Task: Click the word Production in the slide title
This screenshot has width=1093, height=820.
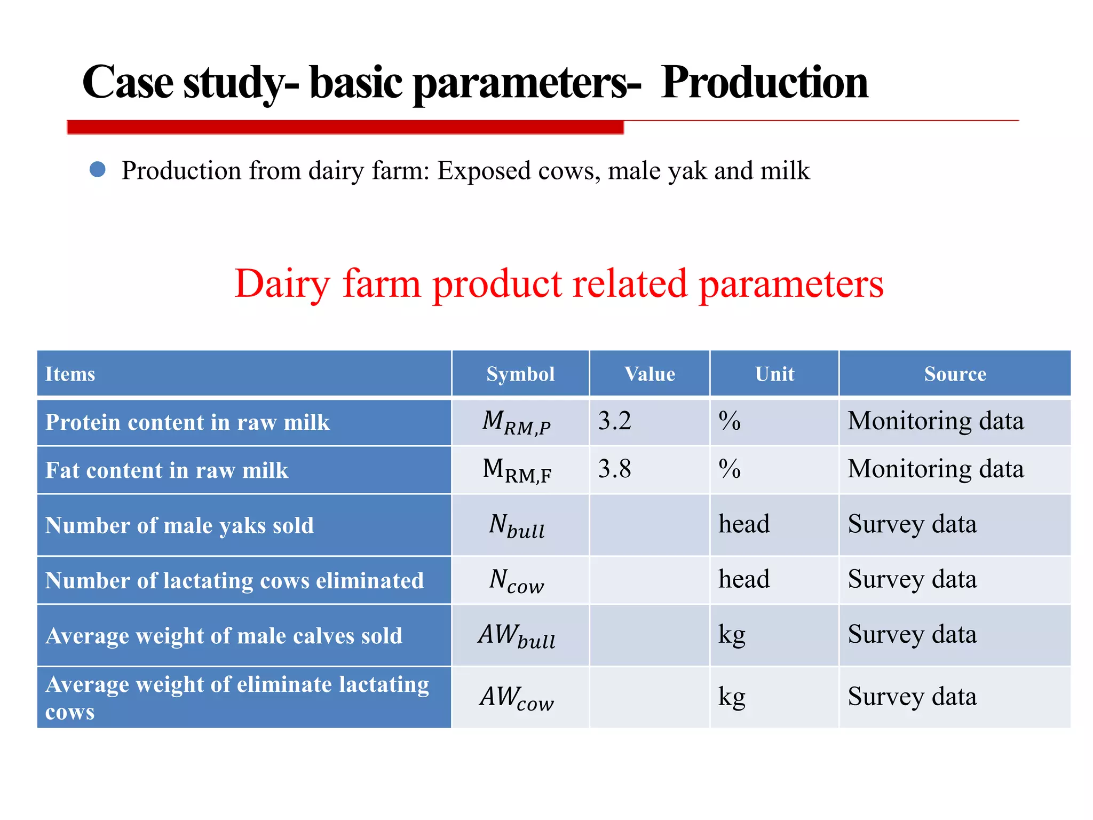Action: [x=764, y=83]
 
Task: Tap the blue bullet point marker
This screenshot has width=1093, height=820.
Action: [x=98, y=170]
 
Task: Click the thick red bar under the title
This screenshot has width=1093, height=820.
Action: [x=345, y=127]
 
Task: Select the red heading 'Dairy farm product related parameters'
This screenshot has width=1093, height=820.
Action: [x=559, y=283]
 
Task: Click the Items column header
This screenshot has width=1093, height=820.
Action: [x=70, y=374]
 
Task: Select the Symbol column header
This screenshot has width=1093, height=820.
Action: [x=520, y=374]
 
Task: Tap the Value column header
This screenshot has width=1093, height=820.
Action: [x=650, y=374]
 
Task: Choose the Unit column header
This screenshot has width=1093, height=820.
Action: [x=774, y=374]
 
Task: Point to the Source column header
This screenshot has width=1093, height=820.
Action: [x=955, y=374]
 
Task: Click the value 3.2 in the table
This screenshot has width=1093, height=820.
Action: [x=614, y=421]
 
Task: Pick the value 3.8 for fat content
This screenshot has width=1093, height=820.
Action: [x=614, y=469]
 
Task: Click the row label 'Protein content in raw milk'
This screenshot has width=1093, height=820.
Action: [x=187, y=422]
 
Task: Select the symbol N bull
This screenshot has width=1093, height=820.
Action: [x=517, y=526]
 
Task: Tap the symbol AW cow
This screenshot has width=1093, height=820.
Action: [x=517, y=698]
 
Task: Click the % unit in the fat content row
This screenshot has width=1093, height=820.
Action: [x=730, y=469]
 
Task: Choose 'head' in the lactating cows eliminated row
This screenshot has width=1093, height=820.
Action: [x=744, y=579]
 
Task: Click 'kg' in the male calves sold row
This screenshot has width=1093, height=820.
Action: [x=732, y=635]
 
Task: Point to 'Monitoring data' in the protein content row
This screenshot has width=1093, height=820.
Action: [x=936, y=421]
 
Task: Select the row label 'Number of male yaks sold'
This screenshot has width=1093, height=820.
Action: [x=179, y=525]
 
